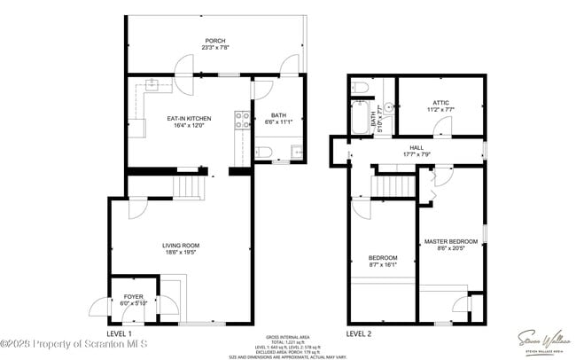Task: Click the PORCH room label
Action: pyautogui.click(x=214, y=41)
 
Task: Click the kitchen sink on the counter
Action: pyautogui.click(x=152, y=86)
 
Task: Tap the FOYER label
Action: pyautogui.click(x=133, y=296)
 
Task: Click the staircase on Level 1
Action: pyautogui.click(x=187, y=186)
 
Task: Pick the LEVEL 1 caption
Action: pyautogui.click(x=120, y=332)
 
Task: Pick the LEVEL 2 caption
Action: pyautogui.click(x=359, y=333)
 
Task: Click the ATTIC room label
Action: pyautogui.click(x=440, y=103)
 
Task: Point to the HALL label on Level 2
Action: pyautogui.click(x=416, y=147)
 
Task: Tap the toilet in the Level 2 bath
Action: pyautogui.click(x=360, y=88)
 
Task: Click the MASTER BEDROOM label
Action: pyautogui.click(x=450, y=241)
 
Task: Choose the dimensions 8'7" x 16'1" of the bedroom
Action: pyautogui.click(x=383, y=263)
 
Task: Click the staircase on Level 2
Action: pyautogui.click(x=397, y=186)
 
